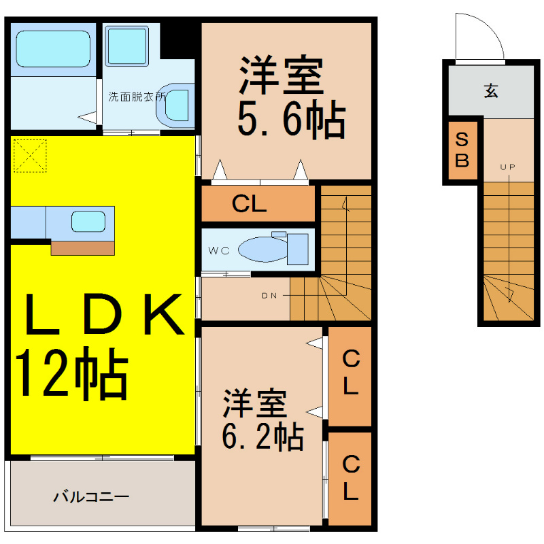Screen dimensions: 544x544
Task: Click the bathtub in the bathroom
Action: (53, 48)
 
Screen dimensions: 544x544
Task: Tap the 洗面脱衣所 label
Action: (137, 97)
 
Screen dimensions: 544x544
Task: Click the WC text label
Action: (219, 250)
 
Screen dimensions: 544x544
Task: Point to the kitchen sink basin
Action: (88, 222)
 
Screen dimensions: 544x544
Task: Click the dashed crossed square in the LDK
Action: (30, 156)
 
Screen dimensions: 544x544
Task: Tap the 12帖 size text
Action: (71, 373)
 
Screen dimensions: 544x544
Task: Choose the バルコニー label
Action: (91, 497)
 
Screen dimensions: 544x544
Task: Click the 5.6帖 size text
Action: (292, 118)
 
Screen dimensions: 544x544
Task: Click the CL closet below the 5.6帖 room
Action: (258, 203)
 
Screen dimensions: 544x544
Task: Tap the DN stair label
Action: (269, 296)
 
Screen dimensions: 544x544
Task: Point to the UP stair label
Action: (507, 167)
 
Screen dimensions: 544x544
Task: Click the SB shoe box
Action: (462, 150)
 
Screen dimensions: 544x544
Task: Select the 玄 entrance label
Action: (491, 91)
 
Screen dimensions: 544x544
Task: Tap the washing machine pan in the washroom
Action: (127, 46)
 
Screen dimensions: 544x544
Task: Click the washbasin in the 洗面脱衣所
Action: (176, 105)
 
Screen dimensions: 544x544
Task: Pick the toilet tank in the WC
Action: (298, 249)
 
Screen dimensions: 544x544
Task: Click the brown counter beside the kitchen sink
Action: (82, 248)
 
